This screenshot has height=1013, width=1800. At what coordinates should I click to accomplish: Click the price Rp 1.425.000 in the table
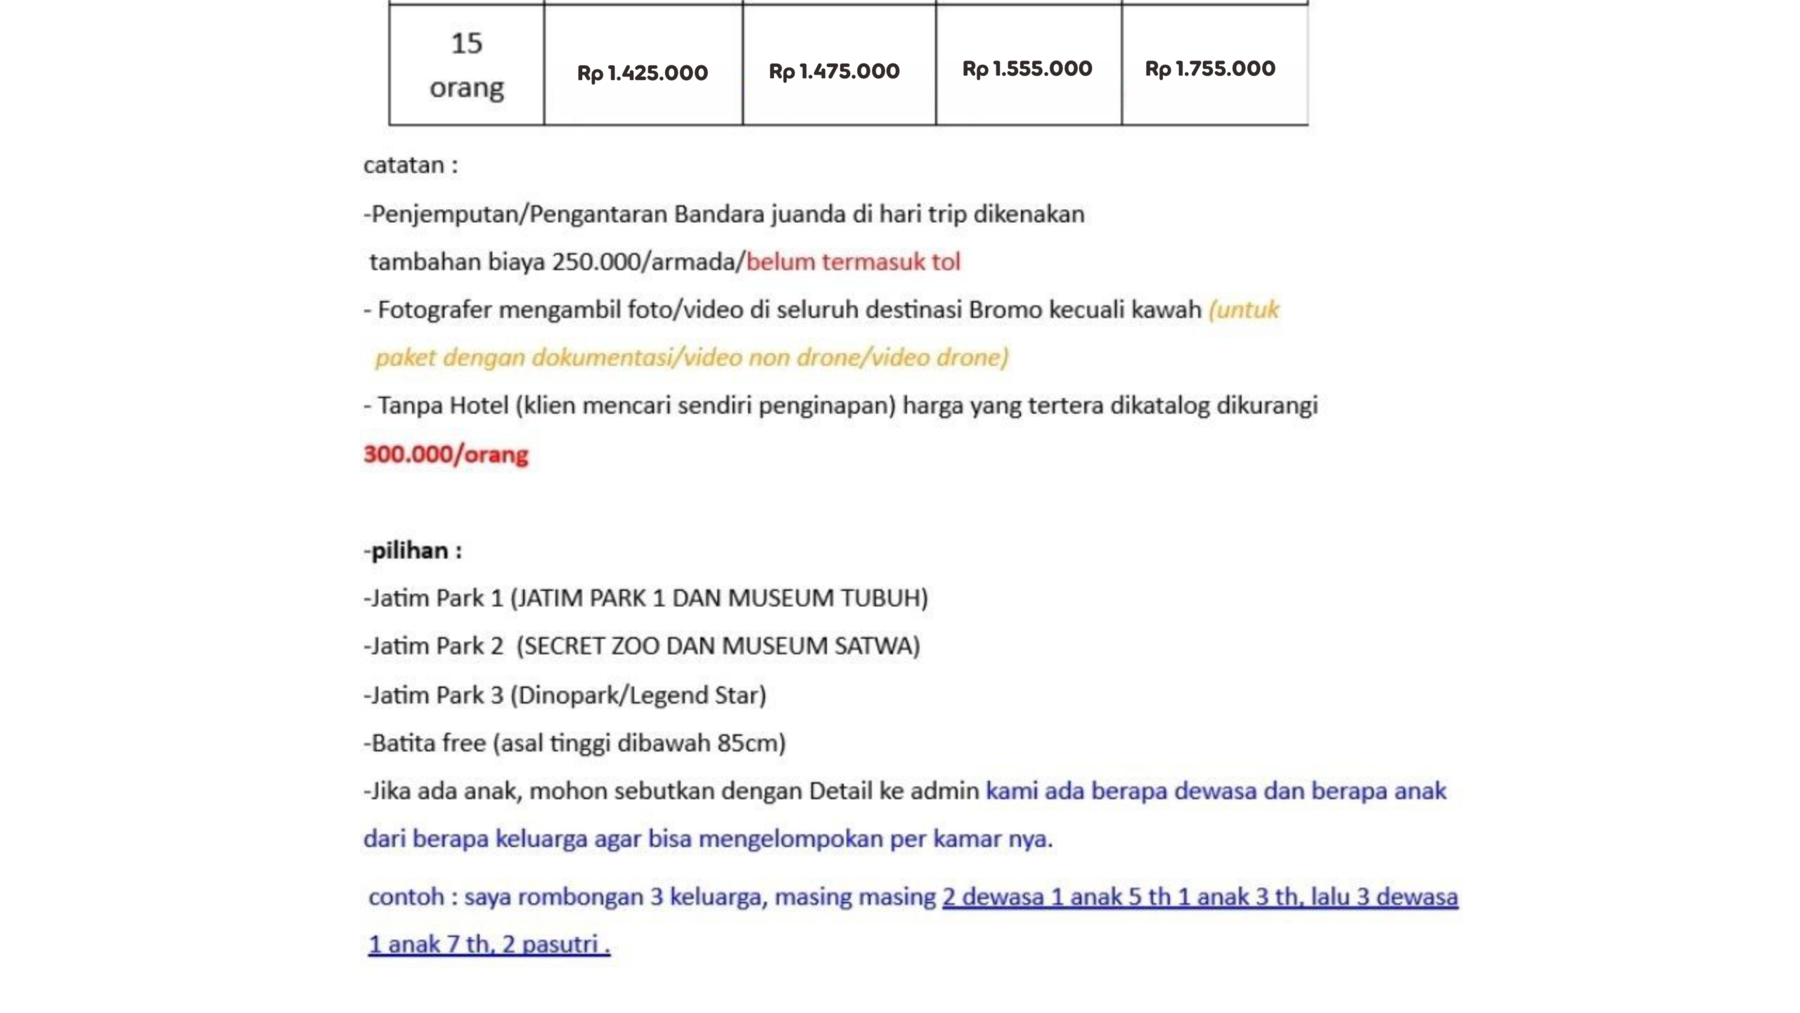point(642,72)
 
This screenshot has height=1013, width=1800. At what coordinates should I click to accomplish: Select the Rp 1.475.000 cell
point(834,71)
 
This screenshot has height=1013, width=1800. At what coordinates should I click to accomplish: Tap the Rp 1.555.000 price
point(1027,69)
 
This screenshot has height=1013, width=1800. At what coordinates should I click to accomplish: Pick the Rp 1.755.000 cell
point(1209,69)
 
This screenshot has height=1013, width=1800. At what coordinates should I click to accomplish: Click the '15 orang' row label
point(466,65)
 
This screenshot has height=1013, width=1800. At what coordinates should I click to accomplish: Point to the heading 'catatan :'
point(410,165)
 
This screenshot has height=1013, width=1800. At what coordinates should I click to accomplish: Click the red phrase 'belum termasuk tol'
point(853,262)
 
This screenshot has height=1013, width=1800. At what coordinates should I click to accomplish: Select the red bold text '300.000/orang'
point(445,454)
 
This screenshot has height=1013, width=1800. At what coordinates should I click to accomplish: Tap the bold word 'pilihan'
point(409,550)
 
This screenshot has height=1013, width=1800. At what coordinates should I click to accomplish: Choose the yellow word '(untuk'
point(1243,310)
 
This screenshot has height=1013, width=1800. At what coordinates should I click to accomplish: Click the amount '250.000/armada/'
point(648,262)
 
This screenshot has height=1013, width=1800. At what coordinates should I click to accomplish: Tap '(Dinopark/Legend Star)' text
point(638,695)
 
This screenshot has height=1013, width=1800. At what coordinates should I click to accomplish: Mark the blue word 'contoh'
point(406,897)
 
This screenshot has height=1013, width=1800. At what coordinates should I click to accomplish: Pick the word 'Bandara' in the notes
point(719,214)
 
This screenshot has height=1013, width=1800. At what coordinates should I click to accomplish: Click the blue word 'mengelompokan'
point(790,839)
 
